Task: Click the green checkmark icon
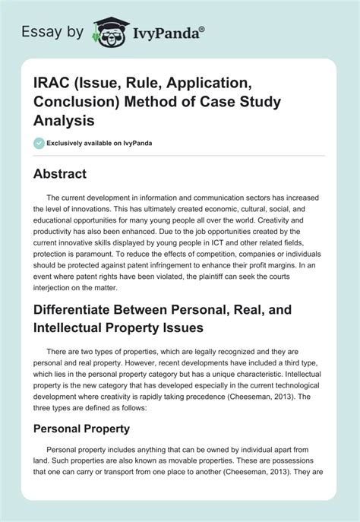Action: pyautogui.click(x=40, y=141)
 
